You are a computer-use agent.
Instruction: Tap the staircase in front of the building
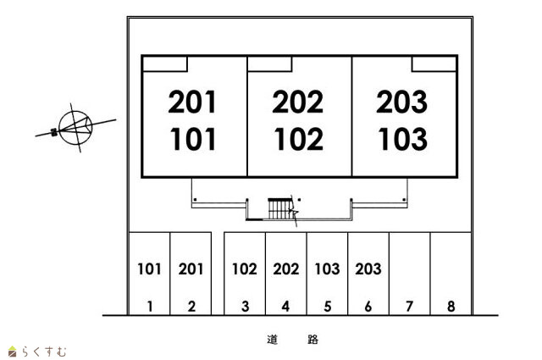[279, 208]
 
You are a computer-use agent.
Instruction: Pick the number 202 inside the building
[298, 102]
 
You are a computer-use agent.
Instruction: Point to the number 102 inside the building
[298, 138]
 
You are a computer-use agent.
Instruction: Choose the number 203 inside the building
[402, 102]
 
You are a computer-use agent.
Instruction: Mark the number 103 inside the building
[402, 138]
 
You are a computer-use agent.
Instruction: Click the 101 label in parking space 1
[149, 269]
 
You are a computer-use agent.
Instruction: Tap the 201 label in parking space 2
[191, 269]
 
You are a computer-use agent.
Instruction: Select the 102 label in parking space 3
[244, 269]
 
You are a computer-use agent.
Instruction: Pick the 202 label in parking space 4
[286, 269]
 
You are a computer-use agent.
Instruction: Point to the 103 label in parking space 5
[327, 269]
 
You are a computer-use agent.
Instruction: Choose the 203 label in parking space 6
[368, 269]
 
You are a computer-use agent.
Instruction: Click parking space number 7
[409, 307]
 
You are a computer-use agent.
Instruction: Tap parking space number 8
[451, 307]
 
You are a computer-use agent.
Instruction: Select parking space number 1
[150, 307]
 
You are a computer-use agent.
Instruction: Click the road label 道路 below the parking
[292, 340]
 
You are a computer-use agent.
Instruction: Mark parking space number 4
[286, 307]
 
